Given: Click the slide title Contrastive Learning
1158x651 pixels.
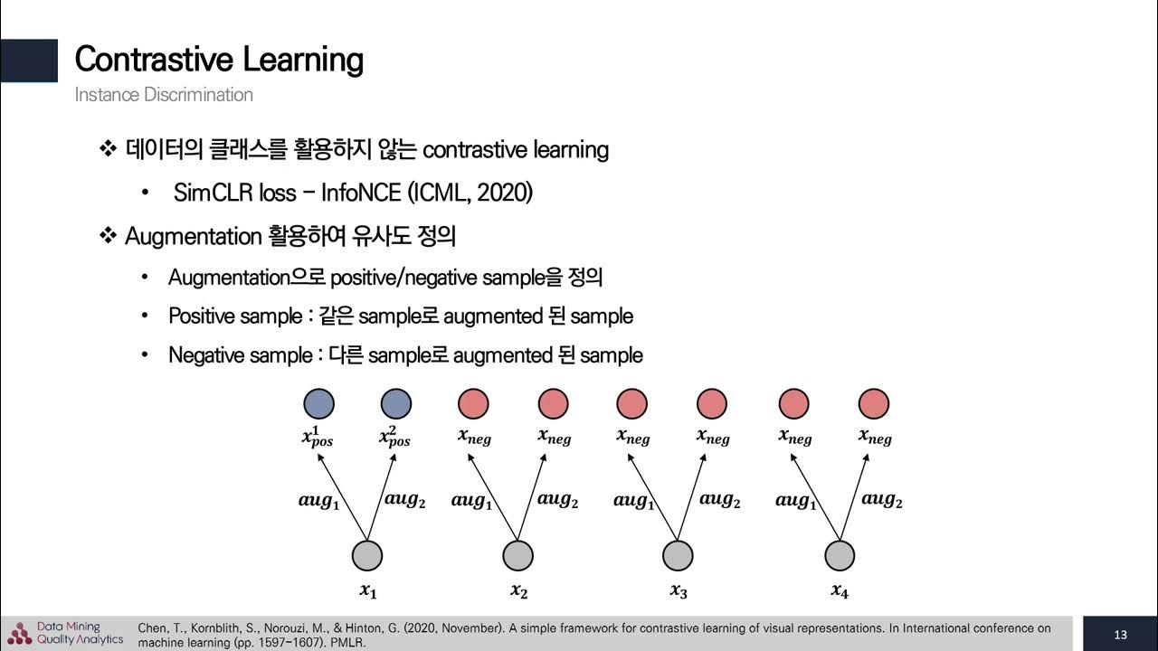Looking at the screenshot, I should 219,60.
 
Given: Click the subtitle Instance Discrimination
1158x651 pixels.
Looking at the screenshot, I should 164,95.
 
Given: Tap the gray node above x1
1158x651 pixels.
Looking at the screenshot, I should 366,555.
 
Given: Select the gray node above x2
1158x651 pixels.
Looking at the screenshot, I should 517,555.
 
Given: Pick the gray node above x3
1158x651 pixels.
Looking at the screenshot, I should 678,555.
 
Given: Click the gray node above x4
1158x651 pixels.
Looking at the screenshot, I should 840,555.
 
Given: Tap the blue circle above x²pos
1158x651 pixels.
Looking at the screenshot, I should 395,402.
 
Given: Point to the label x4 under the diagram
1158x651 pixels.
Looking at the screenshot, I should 840,591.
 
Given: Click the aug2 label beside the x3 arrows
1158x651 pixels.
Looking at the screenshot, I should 720,499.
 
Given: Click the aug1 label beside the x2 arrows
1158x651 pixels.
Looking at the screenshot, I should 471,500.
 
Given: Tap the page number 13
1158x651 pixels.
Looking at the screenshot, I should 1120,635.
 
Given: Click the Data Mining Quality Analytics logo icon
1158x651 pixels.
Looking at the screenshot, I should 19,634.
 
